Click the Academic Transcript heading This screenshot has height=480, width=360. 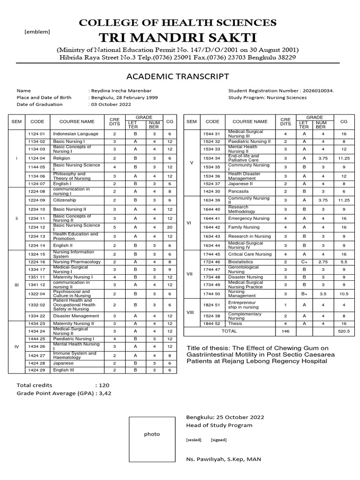coord(178,76)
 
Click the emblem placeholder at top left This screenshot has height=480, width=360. coord(37,32)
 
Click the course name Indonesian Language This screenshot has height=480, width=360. coord(75,134)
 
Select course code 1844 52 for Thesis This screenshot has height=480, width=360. coord(210,323)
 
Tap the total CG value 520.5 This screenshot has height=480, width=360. coord(344,331)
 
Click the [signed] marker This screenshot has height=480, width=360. coord(218,440)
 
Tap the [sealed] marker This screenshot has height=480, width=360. coord(194,440)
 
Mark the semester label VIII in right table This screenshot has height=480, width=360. coord(189,311)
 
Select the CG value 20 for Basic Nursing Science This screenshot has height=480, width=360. coord(170,227)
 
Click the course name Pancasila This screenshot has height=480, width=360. coord(239,191)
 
